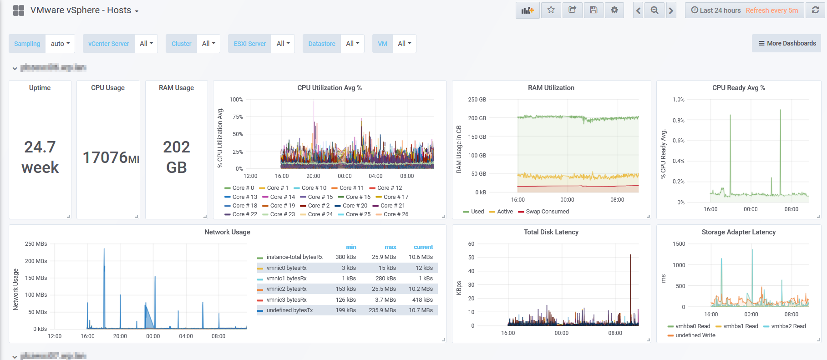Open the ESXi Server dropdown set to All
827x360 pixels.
pos(283,44)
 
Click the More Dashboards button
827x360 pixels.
pos(786,43)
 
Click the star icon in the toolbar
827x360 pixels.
pos(551,10)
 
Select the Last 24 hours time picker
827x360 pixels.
pos(716,10)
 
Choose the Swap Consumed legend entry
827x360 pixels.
pos(547,212)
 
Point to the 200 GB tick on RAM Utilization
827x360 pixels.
pos(477,118)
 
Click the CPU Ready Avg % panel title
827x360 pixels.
pos(738,88)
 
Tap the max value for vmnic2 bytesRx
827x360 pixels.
pos(384,289)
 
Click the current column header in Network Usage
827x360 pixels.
pos(423,247)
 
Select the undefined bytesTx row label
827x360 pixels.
pos(289,310)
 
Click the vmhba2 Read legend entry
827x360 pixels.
pos(788,326)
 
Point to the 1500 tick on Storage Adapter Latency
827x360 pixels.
pos(679,244)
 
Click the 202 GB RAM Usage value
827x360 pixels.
pos(177,157)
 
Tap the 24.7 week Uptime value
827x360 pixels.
pos(40,157)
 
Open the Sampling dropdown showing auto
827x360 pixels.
pos(60,44)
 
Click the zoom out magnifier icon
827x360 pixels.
pos(654,10)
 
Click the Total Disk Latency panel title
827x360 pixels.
pos(551,232)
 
